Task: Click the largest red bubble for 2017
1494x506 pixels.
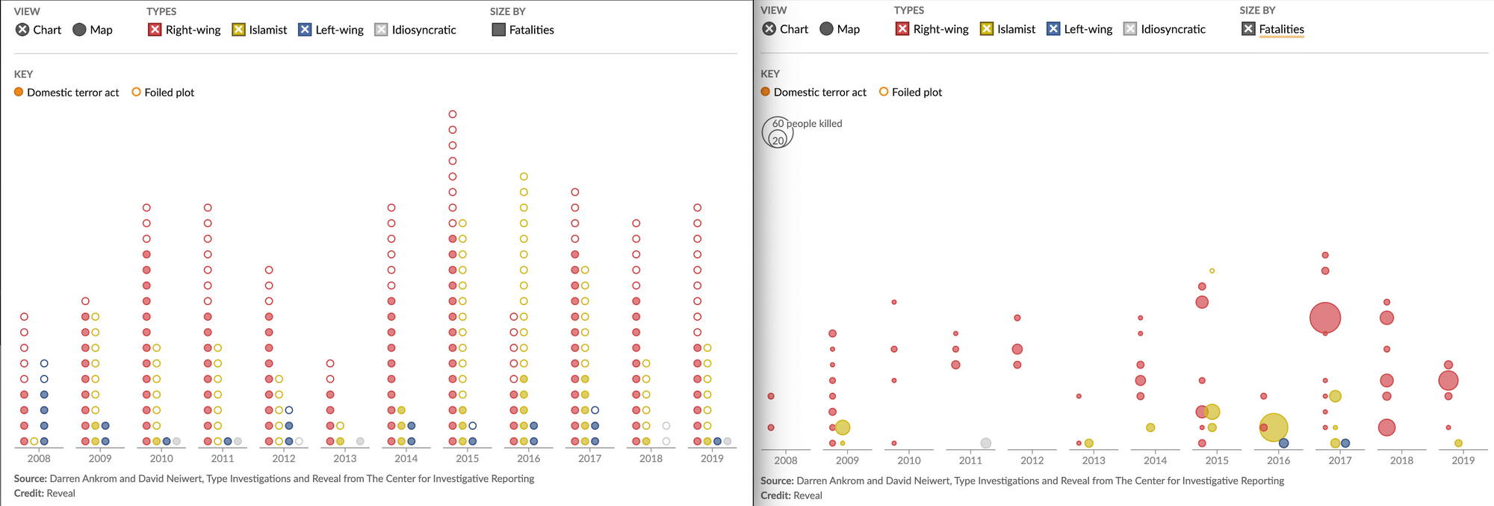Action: pos(1325,318)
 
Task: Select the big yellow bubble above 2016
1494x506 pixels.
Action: pos(1274,428)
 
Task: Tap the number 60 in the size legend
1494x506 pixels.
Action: pos(778,123)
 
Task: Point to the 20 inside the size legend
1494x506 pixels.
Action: pos(778,141)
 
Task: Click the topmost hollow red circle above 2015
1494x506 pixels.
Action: pos(453,114)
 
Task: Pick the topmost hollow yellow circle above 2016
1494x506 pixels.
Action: pos(524,176)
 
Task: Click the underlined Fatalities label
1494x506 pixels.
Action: pos(1281,29)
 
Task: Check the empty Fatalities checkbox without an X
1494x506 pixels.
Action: pos(499,30)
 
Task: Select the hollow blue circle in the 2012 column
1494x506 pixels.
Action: pos(289,410)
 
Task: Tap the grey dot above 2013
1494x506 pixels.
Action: pos(360,442)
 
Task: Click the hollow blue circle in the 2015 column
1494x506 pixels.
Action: pos(473,426)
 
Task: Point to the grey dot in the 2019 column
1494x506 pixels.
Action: pos(728,442)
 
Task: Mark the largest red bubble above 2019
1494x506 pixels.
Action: pos(1448,380)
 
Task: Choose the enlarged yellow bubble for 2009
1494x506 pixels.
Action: pos(843,428)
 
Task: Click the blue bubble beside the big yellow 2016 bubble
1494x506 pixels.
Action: pos(1284,443)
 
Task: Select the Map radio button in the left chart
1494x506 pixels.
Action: pos(79,30)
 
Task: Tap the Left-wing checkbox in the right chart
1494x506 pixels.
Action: pos(1053,29)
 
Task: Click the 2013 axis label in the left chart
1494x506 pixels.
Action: pos(345,458)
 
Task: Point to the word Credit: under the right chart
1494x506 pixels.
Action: pos(775,496)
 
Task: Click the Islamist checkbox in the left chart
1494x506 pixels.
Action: pos(239,30)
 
